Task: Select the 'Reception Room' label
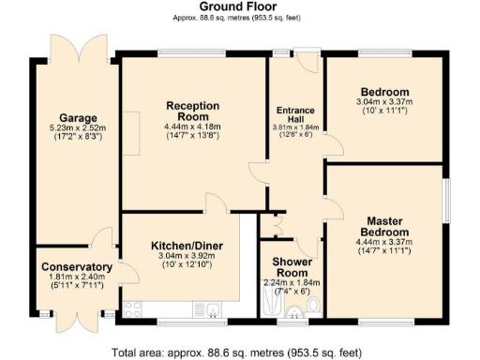pos(193,111)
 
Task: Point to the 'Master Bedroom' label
pos(385,226)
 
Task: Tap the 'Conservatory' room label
pos(77,267)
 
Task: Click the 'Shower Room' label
pos(292,267)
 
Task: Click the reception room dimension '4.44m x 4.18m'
pos(193,127)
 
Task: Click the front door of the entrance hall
pos(307,62)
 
